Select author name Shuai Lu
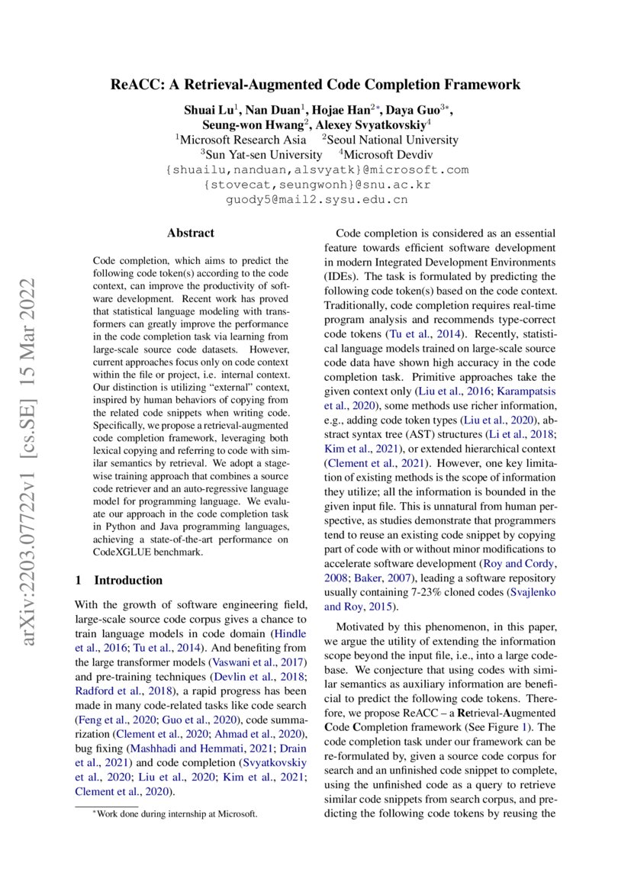(208, 110)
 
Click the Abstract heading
(191, 233)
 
